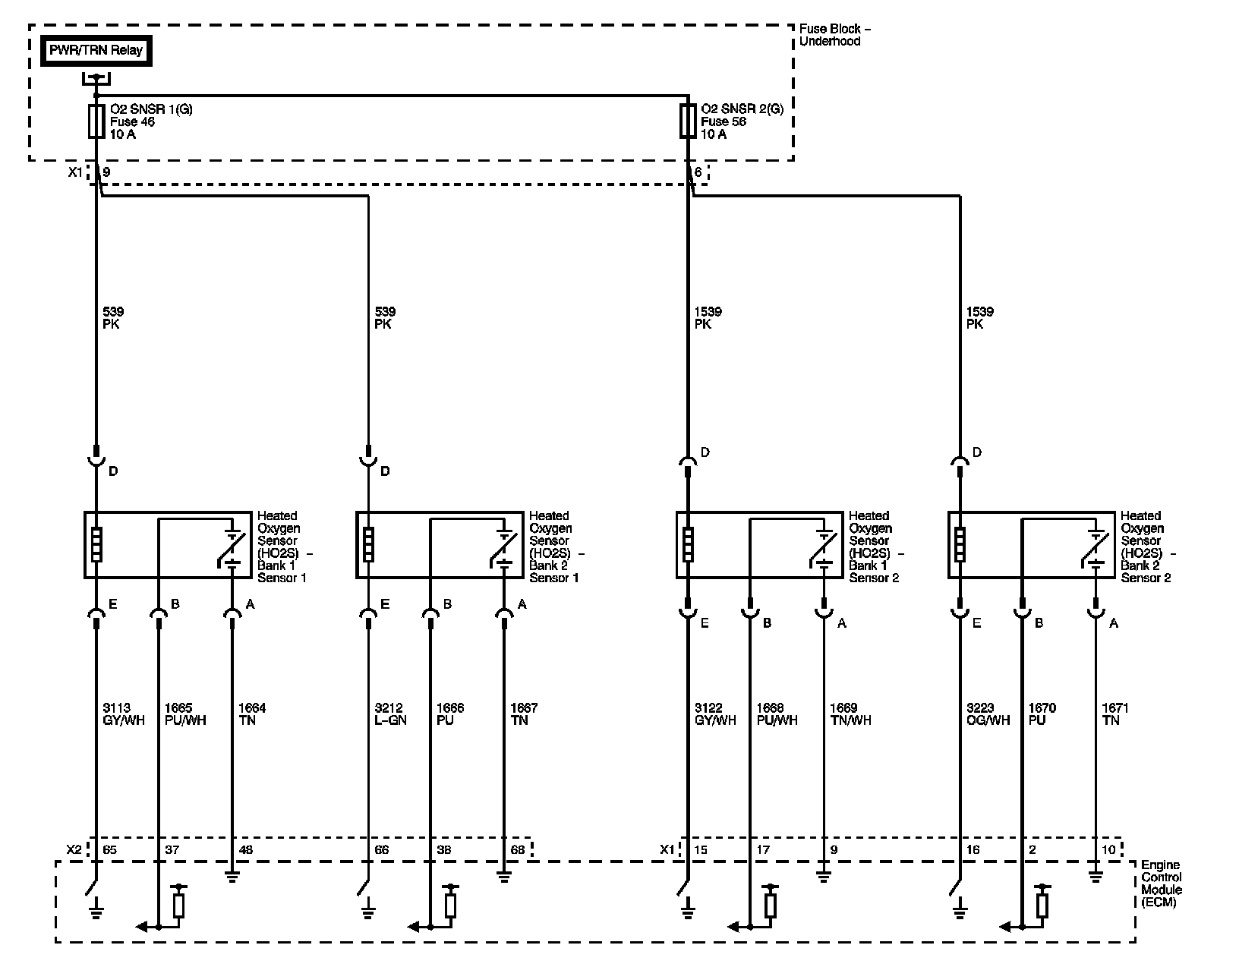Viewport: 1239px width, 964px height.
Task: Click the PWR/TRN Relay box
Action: pyautogui.click(x=96, y=51)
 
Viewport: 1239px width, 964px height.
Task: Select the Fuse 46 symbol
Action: pyautogui.click(x=96, y=121)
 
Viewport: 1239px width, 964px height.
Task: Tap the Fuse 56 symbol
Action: pyautogui.click(x=688, y=121)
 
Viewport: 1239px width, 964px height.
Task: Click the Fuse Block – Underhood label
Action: pyautogui.click(x=834, y=35)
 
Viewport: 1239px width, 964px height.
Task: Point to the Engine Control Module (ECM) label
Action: pyautogui.click(x=1161, y=884)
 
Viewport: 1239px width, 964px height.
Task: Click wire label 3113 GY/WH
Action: pyautogui.click(x=123, y=714)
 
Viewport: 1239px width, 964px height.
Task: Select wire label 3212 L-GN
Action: pyautogui.click(x=390, y=714)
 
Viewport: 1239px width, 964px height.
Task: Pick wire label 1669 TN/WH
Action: pyautogui.click(x=850, y=714)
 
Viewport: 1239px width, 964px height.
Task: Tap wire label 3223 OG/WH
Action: pyautogui.click(x=988, y=714)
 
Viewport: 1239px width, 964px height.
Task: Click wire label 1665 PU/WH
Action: pyautogui.click(x=185, y=714)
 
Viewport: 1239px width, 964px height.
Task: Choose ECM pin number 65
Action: pyautogui.click(x=109, y=849)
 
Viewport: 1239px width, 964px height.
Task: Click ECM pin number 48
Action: pyautogui.click(x=246, y=849)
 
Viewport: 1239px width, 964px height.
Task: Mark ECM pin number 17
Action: pyautogui.click(x=762, y=849)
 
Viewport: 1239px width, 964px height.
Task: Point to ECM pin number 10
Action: pyautogui.click(x=1108, y=849)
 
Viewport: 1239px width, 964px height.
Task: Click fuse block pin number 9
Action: pyautogui.click(x=106, y=172)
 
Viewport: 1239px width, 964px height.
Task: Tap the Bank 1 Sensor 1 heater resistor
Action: pyautogui.click(x=96, y=544)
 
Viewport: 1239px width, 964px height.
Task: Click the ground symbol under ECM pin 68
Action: pyautogui.click(x=503, y=877)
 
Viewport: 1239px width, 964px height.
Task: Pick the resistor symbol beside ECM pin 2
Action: pyautogui.click(x=1042, y=905)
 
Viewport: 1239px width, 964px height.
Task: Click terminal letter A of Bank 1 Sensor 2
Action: pyautogui.click(x=841, y=623)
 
